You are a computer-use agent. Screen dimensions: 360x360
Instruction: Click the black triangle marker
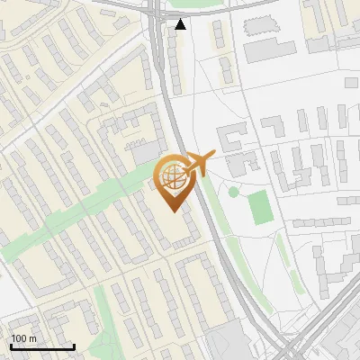[x=181, y=24]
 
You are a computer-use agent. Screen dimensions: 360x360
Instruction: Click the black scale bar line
[x=42, y=347]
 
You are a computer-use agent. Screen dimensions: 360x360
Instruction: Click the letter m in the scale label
[x=33, y=338]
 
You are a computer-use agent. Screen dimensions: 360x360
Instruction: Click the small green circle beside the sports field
[x=233, y=192]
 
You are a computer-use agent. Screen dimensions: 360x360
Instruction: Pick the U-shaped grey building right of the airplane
[x=231, y=139]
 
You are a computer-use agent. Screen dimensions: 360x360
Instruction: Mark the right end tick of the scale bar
[x=74, y=346]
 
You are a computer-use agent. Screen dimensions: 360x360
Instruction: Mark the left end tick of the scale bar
[x=11, y=346]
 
